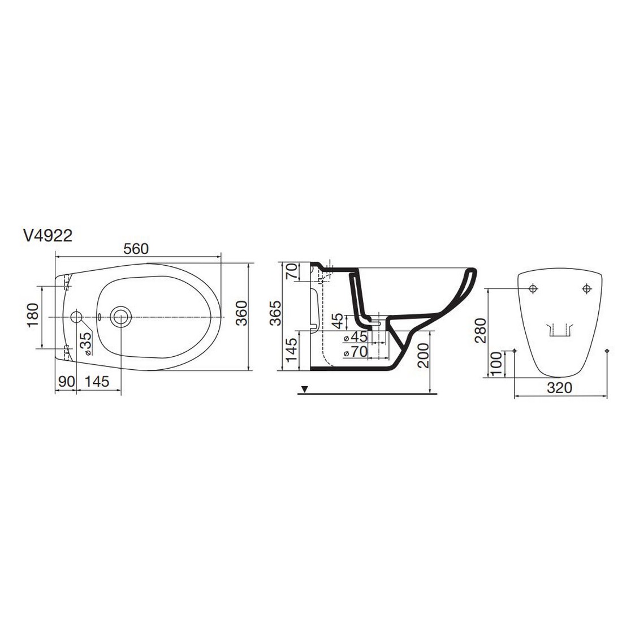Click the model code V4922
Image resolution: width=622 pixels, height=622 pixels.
tap(48, 236)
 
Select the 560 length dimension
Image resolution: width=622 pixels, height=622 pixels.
tap(136, 249)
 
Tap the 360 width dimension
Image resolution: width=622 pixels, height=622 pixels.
tap(241, 313)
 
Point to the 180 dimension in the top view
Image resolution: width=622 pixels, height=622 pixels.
tap(33, 316)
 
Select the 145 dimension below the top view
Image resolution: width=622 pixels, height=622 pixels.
tap(97, 382)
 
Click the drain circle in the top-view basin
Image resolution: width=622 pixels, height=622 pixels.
tap(120, 317)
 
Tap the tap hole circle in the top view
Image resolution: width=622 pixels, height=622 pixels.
tap(76, 317)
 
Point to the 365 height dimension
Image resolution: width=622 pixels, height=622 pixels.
tap(275, 313)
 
